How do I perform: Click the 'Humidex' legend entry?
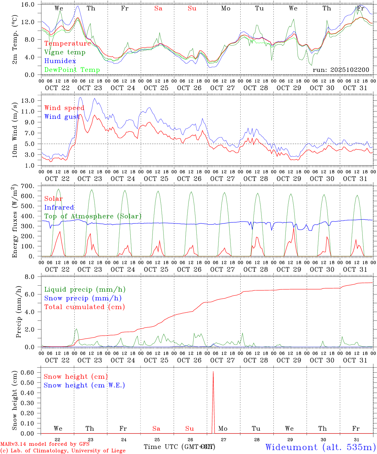60,61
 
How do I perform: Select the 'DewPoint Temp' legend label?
72,70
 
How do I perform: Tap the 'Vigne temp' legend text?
65,52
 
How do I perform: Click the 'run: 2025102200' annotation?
341,70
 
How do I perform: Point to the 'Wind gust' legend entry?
62,117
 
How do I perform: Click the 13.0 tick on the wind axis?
32,101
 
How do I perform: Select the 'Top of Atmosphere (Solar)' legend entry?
93,216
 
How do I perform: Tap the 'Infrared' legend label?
59,207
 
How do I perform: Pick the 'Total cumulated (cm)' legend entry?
84,307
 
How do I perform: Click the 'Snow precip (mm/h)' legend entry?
83,298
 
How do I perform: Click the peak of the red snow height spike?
213,372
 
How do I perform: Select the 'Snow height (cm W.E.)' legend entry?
84,385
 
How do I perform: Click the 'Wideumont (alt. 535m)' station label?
320,447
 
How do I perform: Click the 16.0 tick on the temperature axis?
32,4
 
